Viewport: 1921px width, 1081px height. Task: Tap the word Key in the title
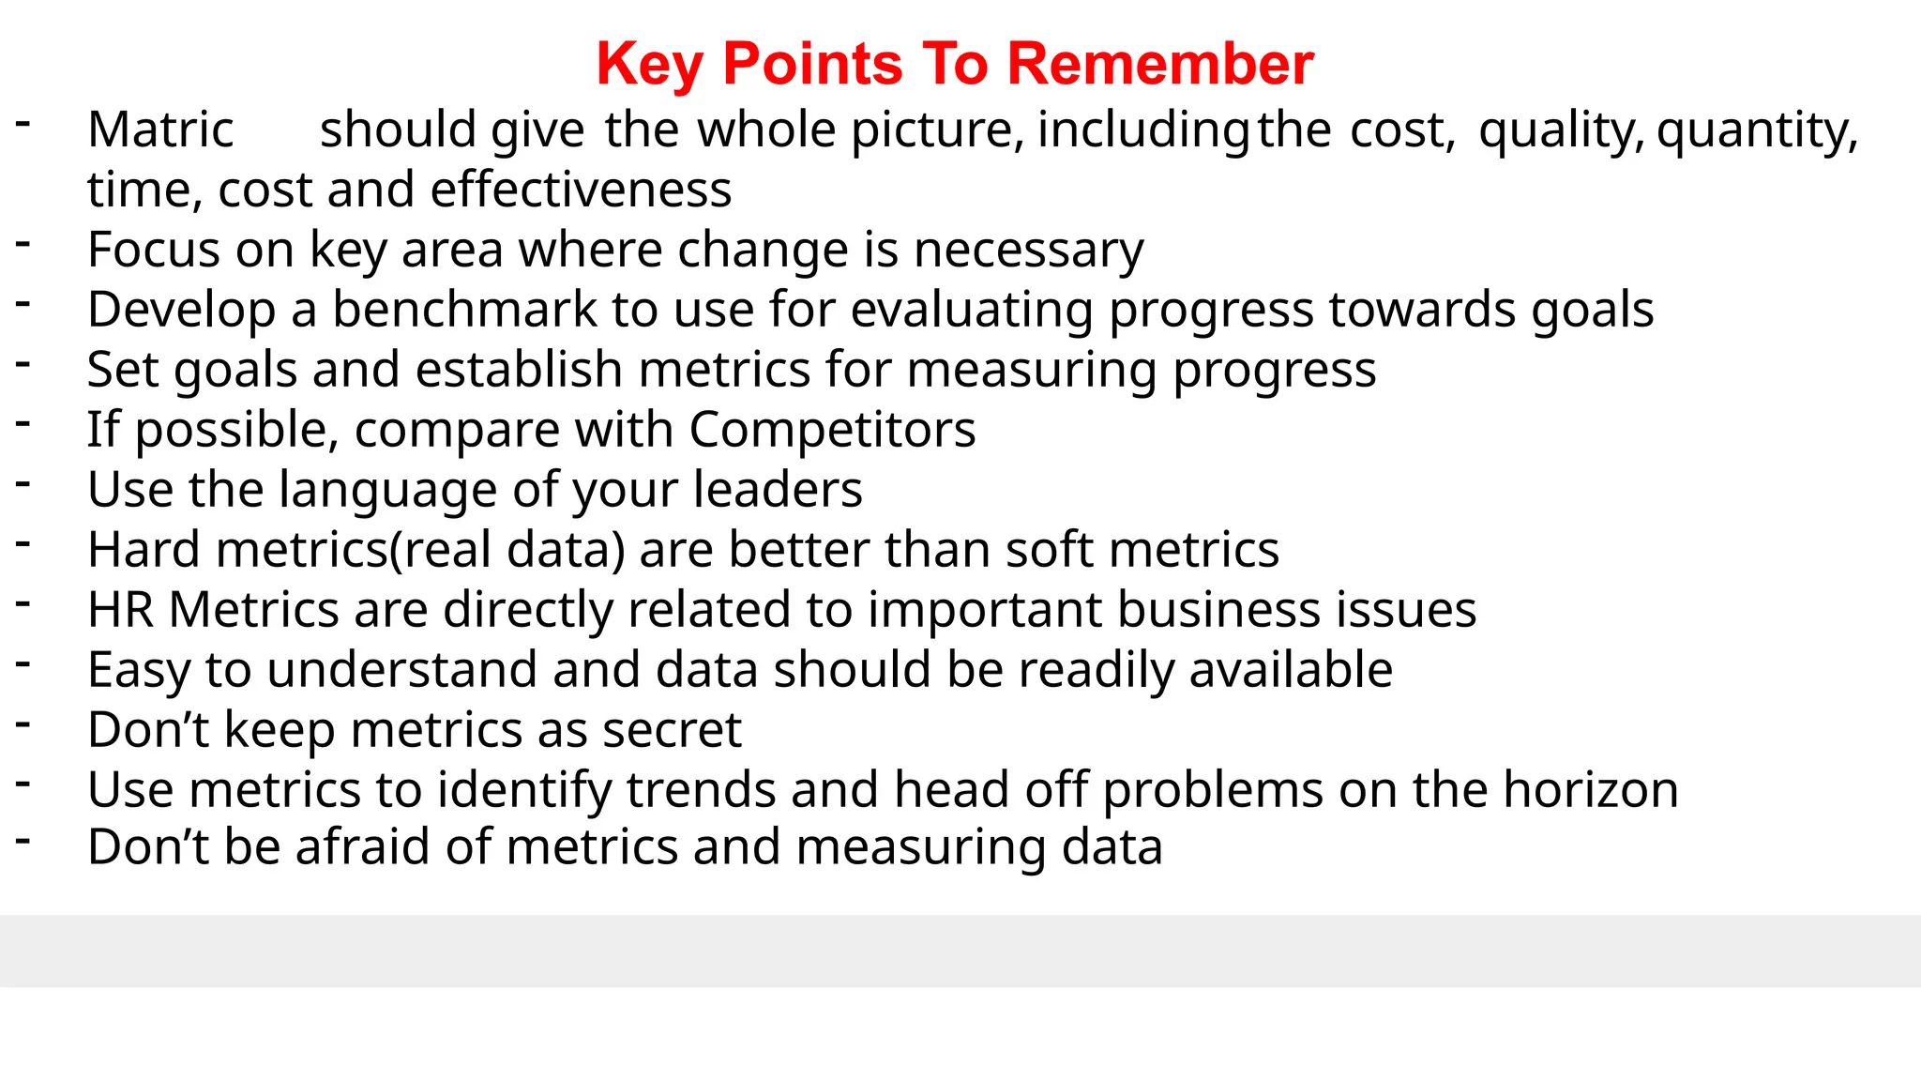point(649,65)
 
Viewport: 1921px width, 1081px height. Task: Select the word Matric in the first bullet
point(160,129)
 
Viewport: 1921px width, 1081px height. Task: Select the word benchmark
point(464,310)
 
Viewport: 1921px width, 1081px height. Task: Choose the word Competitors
point(832,430)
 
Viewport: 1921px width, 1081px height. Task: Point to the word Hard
point(144,550)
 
